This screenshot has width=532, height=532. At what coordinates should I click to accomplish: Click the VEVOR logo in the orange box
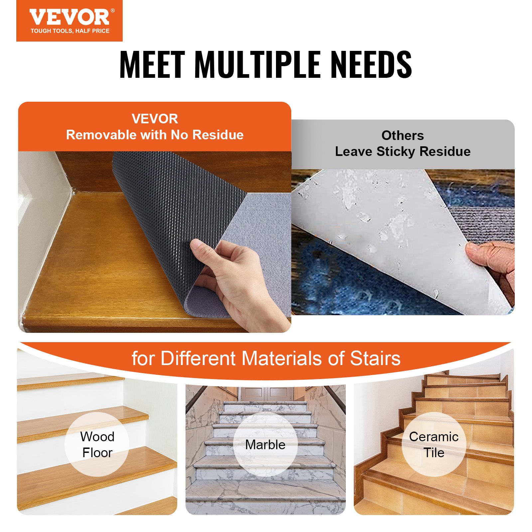point(69,17)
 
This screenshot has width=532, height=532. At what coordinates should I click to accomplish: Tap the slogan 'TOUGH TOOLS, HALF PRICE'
point(70,31)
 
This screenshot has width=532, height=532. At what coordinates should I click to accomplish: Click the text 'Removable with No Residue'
point(155,135)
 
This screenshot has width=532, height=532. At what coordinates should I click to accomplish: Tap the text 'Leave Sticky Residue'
point(403,152)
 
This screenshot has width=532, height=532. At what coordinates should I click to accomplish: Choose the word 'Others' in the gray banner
point(403,135)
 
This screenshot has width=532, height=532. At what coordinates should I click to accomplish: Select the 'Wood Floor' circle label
point(97,445)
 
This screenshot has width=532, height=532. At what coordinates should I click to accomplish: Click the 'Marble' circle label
point(265,445)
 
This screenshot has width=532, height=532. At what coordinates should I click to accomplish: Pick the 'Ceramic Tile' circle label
point(434,445)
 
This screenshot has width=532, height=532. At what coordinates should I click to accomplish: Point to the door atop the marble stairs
point(265,394)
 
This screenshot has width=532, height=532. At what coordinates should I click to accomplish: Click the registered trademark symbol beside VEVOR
point(113,11)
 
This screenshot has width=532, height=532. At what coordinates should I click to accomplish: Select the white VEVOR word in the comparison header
point(155,119)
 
